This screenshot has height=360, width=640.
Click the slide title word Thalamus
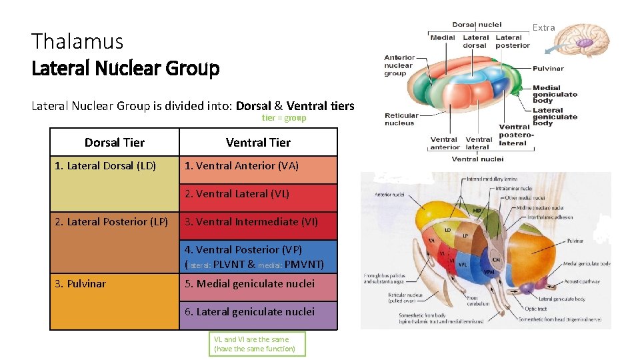[x=77, y=41]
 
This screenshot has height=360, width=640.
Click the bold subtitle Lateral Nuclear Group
[x=125, y=68]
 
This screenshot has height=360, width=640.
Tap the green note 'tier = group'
[x=284, y=118]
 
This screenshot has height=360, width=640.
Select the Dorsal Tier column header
[x=115, y=142]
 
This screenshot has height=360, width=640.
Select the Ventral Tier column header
[x=258, y=142]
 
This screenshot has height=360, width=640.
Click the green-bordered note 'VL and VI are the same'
[x=257, y=344]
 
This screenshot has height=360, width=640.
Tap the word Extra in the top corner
[x=543, y=27]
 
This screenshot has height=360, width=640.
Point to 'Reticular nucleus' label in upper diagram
[x=401, y=119]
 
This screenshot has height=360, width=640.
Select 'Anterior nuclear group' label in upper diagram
[x=399, y=65]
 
